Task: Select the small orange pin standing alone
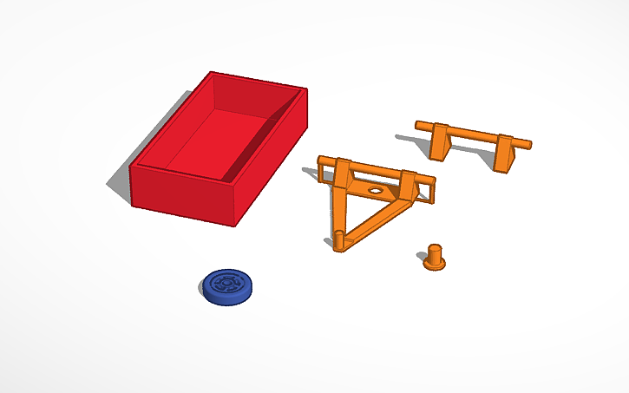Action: (x=434, y=258)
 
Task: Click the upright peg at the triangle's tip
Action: (x=338, y=242)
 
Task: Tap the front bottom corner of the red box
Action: (x=235, y=225)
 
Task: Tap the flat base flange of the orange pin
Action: (x=435, y=265)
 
